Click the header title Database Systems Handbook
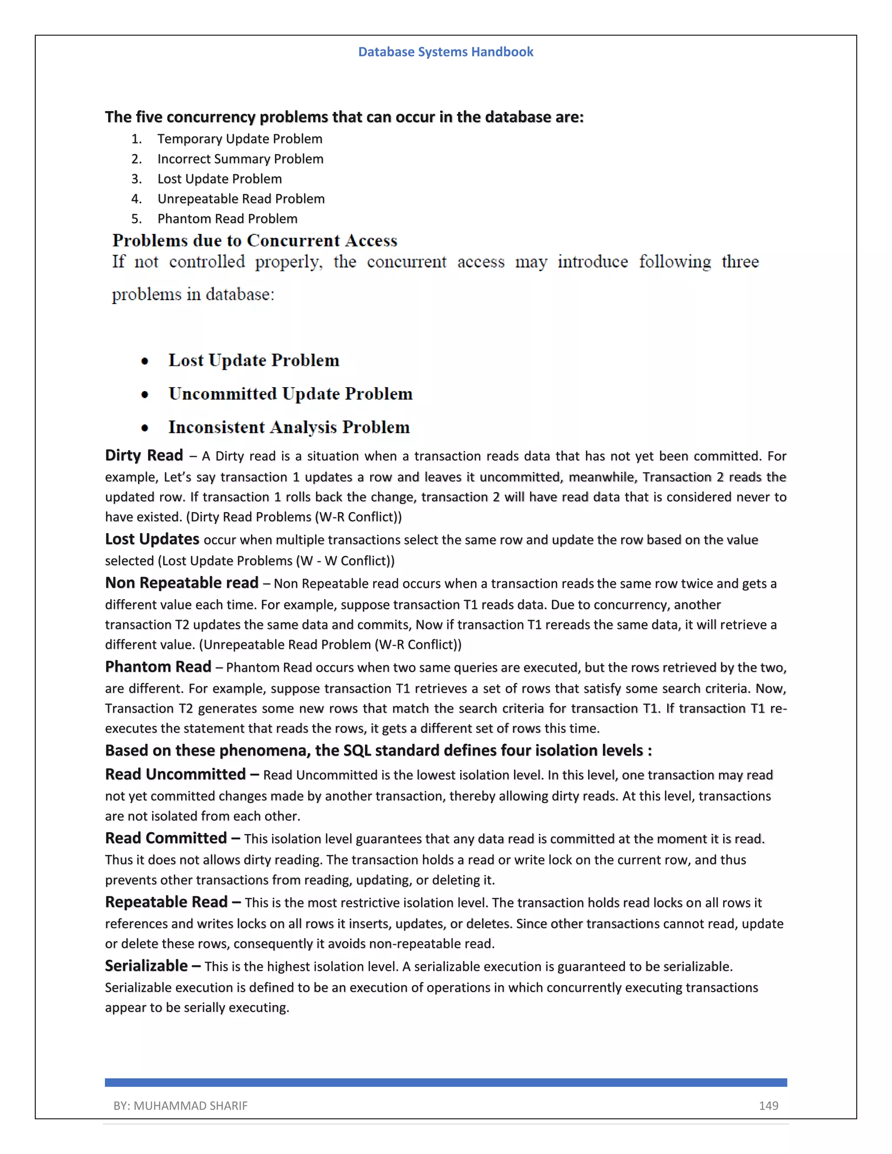coord(446,52)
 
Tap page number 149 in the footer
coord(768,1105)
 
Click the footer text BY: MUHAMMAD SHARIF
coord(180,1105)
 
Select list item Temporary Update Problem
coord(240,139)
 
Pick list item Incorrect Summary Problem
coord(240,159)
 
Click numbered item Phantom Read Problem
coord(227,219)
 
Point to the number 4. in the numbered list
coord(136,199)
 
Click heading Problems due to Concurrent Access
coord(254,240)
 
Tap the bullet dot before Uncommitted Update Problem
coord(145,395)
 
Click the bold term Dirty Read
coord(144,456)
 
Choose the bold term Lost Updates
coord(152,539)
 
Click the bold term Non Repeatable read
coord(181,583)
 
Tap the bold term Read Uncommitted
coord(175,774)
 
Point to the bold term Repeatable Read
coord(166,902)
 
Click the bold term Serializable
coord(146,966)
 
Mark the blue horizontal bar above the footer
coord(446,1082)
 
